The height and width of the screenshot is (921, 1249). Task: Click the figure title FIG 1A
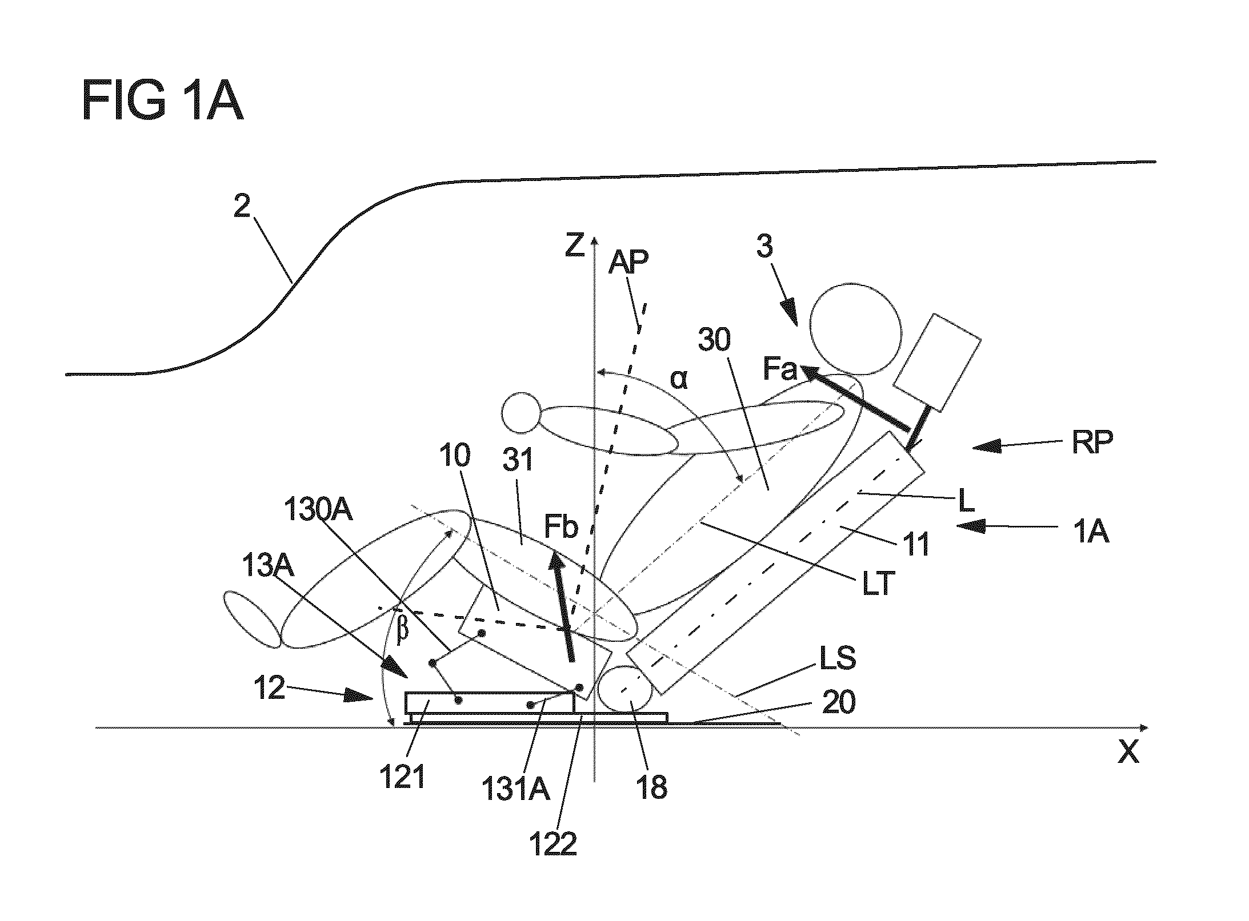tap(163, 101)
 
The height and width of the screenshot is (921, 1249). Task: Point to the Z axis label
tap(575, 246)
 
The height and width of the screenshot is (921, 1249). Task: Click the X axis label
tap(1128, 753)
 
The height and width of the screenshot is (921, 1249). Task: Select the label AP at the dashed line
tap(628, 263)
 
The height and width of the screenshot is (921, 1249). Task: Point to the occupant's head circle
tap(855, 330)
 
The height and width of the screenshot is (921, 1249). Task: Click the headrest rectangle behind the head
tap(937, 362)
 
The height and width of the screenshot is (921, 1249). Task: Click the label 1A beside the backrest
tap(1091, 532)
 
